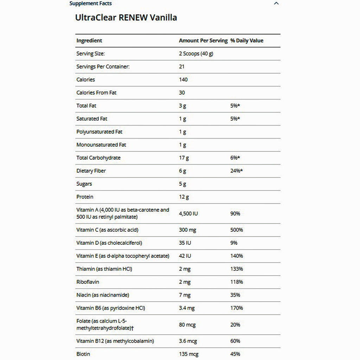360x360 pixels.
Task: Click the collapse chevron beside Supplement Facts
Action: (x=276, y=4)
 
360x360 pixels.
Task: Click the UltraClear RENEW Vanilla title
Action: (x=126, y=18)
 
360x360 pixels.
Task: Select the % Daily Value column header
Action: (x=247, y=41)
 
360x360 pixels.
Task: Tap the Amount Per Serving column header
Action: (x=203, y=41)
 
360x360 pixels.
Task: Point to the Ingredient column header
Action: (x=89, y=41)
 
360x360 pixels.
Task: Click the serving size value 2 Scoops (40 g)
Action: (x=196, y=54)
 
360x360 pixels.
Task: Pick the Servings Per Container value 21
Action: (x=182, y=67)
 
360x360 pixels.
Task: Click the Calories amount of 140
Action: (x=183, y=80)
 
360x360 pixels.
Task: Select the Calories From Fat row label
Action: (x=96, y=93)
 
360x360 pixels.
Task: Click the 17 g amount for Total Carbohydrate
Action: (x=184, y=158)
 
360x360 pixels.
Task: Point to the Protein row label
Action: (x=85, y=197)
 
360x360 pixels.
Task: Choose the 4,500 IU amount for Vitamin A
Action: (x=188, y=213)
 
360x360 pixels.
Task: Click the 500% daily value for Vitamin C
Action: (x=237, y=230)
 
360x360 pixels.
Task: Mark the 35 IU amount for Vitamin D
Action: (x=185, y=243)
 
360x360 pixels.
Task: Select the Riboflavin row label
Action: (x=88, y=282)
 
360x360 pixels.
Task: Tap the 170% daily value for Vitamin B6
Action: (x=237, y=308)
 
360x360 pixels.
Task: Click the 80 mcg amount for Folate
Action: (x=187, y=324)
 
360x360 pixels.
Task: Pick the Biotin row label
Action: (x=83, y=354)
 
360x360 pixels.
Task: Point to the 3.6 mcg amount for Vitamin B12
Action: (x=188, y=341)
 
